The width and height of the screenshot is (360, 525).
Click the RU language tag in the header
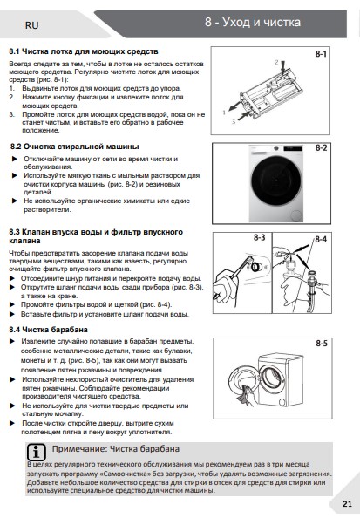31,25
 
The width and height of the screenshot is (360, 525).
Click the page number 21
347,503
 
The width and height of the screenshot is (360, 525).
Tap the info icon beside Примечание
36,453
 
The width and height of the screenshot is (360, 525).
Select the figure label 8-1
321,54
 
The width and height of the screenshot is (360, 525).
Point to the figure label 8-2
321,148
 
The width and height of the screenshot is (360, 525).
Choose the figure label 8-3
259,238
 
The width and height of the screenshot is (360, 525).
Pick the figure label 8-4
321,240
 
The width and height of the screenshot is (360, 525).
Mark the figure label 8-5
322,344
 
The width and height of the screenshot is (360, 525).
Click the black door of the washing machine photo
276,181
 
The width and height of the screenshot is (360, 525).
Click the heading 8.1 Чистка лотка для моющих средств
84,51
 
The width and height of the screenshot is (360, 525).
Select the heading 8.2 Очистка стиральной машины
74,147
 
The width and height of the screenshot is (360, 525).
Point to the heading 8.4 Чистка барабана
49,330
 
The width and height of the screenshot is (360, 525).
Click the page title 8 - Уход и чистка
253,22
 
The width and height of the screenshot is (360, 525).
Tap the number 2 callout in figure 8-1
276,62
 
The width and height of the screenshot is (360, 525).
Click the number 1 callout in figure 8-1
224,112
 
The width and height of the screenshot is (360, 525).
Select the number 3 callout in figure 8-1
234,122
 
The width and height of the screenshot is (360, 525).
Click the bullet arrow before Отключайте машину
15,159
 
